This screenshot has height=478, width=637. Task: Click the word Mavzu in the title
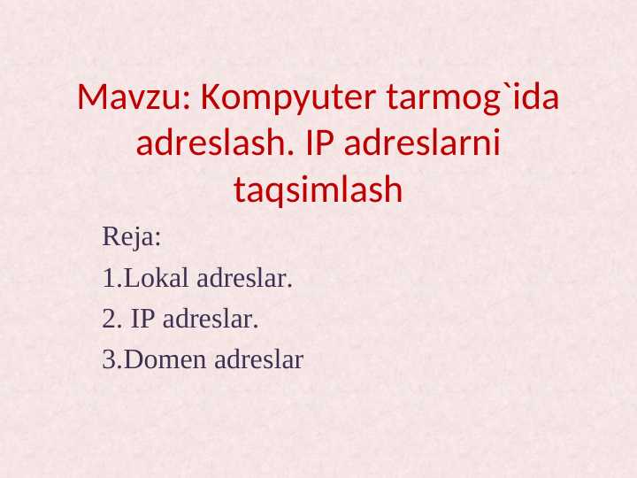click(127, 98)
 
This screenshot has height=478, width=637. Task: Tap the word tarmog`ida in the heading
click(473, 98)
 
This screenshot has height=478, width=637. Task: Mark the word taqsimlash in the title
click(318, 189)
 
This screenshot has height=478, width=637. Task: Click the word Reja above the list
click(127, 237)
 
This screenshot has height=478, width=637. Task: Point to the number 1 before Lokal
click(108, 279)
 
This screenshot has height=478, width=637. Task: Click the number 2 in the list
click(109, 320)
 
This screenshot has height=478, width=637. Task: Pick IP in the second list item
click(142, 320)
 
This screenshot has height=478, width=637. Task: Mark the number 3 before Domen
click(109, 359)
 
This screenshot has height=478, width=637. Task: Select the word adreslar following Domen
click(258, 359)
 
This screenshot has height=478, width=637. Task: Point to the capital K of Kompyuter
click(210, 98)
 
